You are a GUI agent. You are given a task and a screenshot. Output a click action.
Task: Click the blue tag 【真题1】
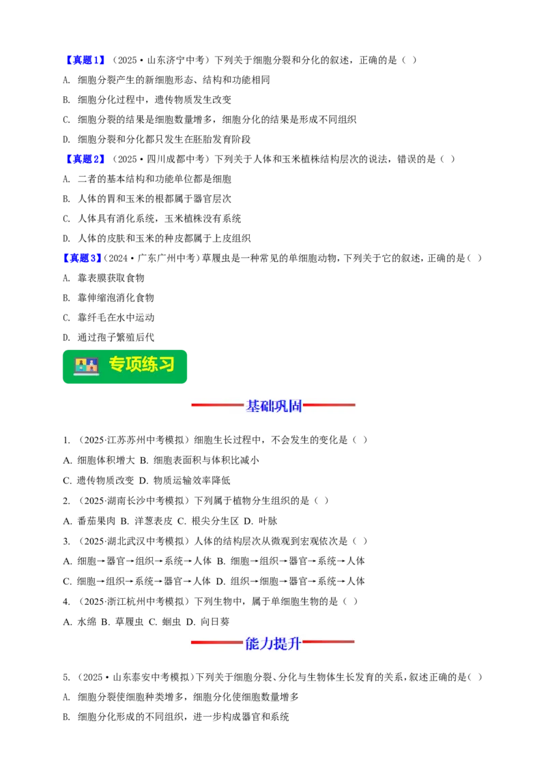coord(85,61)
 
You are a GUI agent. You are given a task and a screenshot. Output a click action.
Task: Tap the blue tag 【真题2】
coord(85,160)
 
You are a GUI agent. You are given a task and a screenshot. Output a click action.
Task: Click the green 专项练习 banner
coord(125,367)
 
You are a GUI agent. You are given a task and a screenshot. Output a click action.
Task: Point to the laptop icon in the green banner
coord(86,366)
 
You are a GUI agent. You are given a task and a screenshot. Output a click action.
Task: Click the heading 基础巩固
coord(274,406)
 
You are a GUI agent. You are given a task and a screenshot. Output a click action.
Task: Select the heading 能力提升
coord(273,643)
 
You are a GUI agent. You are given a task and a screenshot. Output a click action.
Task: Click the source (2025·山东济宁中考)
coord(160,61)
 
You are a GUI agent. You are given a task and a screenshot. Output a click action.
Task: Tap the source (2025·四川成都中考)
coord(160,160)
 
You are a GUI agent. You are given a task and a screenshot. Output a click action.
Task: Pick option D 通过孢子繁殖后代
coord(109,338)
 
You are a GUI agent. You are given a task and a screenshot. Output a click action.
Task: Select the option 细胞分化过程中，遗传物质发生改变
coord(147,100)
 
